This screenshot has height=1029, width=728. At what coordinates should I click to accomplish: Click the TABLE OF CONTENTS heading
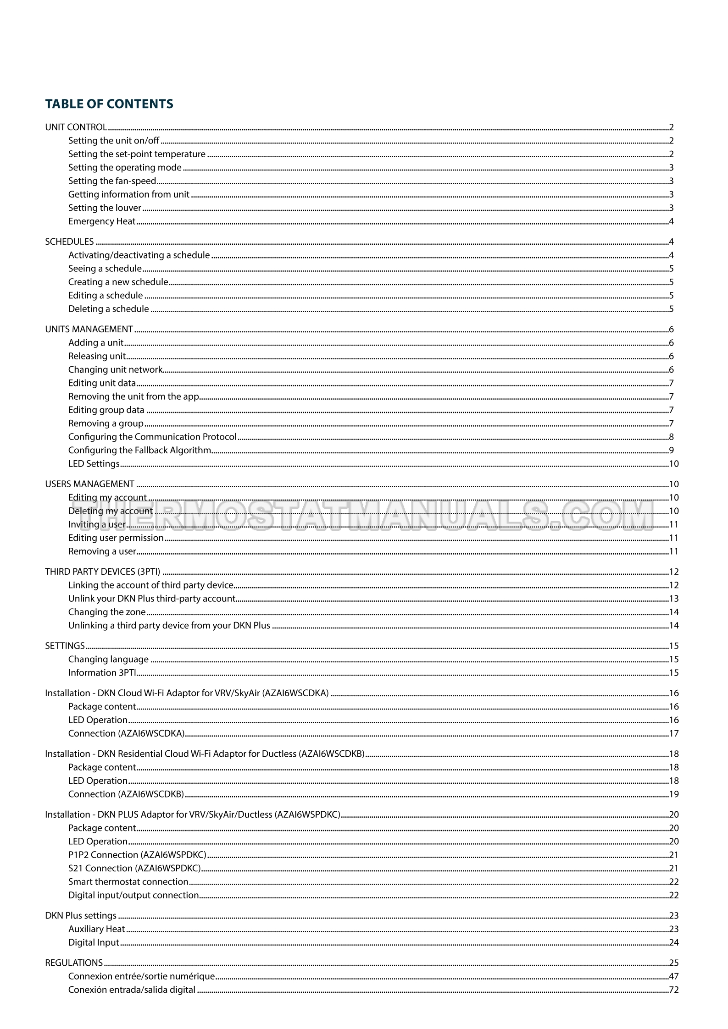(x=109, y=104)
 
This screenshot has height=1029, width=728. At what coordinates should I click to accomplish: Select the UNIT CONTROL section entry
(x=76, y=127)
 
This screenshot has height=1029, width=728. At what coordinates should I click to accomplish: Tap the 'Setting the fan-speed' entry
(x=112, y=181)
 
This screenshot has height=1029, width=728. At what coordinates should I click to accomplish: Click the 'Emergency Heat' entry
(x=102, y=221)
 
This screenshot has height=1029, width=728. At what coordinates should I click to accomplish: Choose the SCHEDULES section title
(x=69, y=242)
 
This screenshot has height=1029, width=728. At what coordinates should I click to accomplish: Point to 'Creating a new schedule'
(x=118, y=282)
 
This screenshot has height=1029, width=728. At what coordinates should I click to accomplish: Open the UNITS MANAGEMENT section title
(x=89, y=330)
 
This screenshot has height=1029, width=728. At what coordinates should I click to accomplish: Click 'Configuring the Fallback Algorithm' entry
(x=139, y=451)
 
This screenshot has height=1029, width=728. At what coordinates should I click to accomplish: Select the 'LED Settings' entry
(x=94, y=464)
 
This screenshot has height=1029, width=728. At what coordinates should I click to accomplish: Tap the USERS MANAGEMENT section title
(x=89, y=484)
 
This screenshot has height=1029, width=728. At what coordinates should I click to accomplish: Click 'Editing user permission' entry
(x=116, y=538)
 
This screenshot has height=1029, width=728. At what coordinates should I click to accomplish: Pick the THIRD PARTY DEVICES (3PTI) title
(x=102, y=572)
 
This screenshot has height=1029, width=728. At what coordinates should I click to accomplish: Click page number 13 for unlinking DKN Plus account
(x=673, y=599)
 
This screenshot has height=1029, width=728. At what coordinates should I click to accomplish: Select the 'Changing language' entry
(x=108, y=660)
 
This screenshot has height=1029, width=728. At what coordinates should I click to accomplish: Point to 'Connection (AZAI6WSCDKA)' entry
(x=126, y=734)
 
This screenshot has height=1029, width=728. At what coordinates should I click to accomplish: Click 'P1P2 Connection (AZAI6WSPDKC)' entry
(x=137, y=855)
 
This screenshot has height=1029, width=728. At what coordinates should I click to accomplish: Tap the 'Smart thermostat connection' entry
(x=128, y=882)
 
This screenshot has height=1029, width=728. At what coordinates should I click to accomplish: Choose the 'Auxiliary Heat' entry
(x=96, y=929)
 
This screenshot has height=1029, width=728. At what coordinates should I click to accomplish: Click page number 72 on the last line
(x=673, y=990)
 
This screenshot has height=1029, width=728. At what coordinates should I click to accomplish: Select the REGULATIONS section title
(x=73, y=963)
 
